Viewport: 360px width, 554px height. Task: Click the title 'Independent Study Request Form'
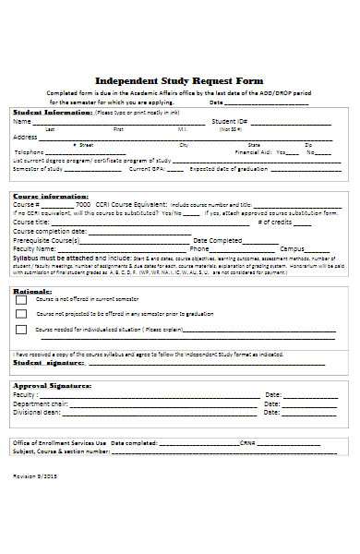click(x=179, y=80)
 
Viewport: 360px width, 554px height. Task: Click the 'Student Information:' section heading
click(x=52, y=112)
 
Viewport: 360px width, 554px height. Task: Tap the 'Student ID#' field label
click(x=229, y=122)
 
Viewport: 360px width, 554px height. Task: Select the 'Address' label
click(x=26, y=137)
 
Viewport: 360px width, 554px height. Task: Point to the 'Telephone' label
click(x=29, y=151)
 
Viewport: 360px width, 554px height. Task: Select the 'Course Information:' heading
click(x=50, y=196)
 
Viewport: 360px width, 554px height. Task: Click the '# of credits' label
click(x=274, y=222)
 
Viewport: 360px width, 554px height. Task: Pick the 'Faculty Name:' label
click(x=35, y=248)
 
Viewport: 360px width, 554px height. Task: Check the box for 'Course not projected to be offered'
click(x=21, y=314)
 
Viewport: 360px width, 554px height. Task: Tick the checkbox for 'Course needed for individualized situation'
click(x=21, y=329)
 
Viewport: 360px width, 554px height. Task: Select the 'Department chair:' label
click(x=41, y=403)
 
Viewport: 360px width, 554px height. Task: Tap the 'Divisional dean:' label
click(x=37, y=413)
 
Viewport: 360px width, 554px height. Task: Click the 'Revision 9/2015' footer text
click(x=33, y=475)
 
